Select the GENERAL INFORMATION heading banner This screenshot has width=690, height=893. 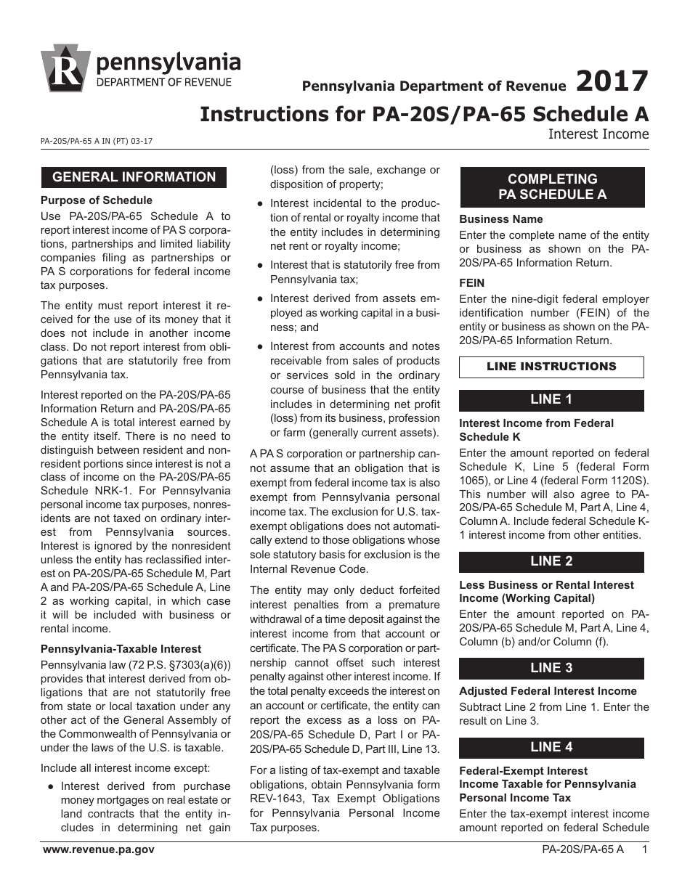[x=134, y=177]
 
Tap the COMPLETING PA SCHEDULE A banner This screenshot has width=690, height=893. [x=552, y=187]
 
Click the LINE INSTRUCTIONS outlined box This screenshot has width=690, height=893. [x=551, y=367]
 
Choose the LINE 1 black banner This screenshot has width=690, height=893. [x=551, y=400]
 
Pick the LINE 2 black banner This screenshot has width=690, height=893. [x=551, y=562]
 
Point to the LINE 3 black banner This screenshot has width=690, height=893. [x=551, y=669]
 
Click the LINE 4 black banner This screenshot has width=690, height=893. [x=551, y=748]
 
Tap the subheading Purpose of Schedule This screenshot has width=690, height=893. [x=97, y=200]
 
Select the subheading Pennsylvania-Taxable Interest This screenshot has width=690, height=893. [x=121, y=649]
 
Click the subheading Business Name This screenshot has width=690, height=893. [x=501, y=219]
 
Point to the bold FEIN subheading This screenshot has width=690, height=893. [x=472, y=283]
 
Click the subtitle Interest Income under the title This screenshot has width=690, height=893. [x=598, y=134]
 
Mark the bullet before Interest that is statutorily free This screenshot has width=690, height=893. [x=260, y=266]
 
